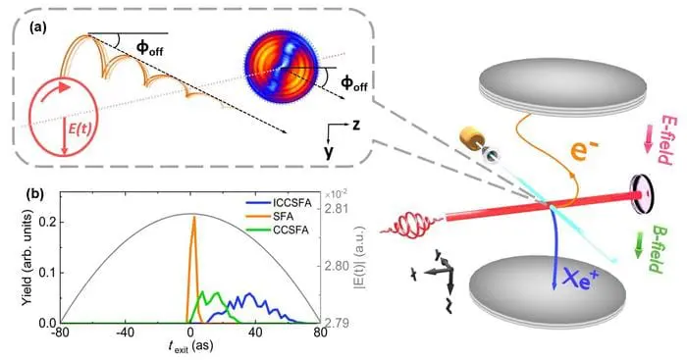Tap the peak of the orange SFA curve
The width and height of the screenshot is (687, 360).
(x=194, y=218)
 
